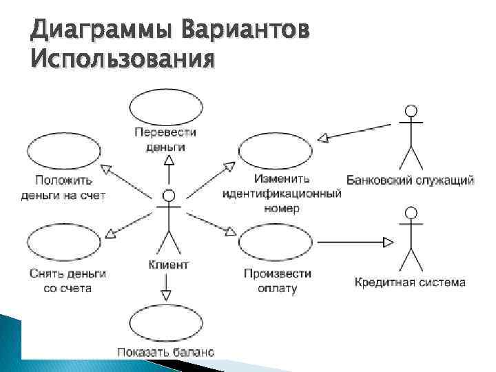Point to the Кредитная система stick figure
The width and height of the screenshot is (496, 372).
pyautogui.click(x=411, y=238)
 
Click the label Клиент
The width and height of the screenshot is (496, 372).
pyautogui.click(x=167, y=265)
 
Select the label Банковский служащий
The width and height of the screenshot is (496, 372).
pyautogui.click(x=410, y=180)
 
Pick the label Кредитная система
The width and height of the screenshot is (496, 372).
pyautogui.click(x=411, y=282)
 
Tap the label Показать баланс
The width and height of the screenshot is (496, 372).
pyautogui.click(x=165, y=352)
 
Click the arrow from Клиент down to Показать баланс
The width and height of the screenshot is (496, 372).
pyautogui.click(x=165, y=286)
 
